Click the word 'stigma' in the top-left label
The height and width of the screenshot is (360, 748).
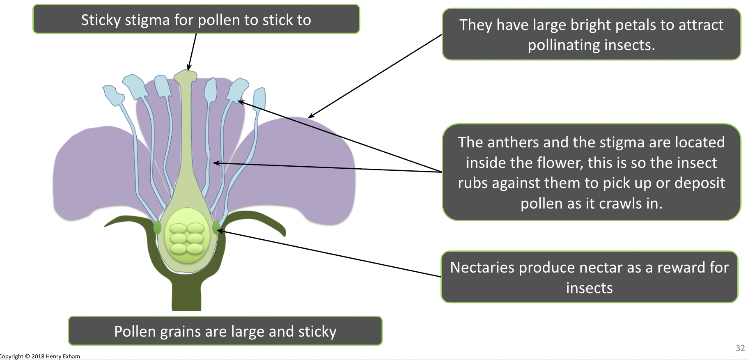coord(147,20)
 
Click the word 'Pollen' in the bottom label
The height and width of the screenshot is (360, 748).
coord(135,331)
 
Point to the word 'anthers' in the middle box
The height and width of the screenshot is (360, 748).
coord(513,142)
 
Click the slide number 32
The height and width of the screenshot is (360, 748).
coord(740,348)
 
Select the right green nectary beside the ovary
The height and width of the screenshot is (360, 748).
coord(216,227)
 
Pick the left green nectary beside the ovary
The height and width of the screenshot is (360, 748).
coord(157,227)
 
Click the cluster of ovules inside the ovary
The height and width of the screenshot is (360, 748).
coord(187,238)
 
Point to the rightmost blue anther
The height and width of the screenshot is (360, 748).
coord(259,99)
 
